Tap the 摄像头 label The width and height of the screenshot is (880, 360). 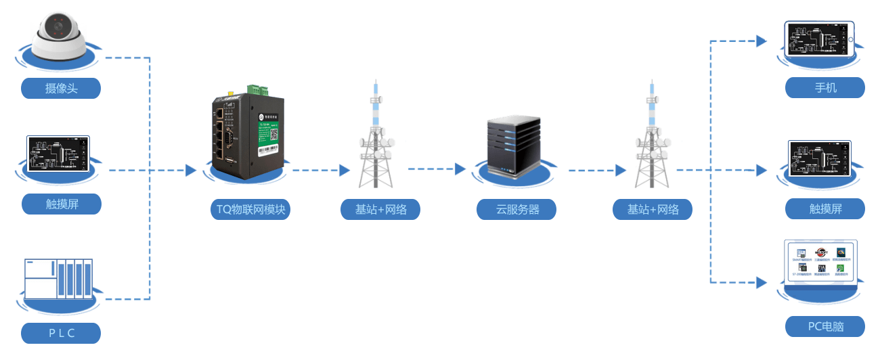[61, 88]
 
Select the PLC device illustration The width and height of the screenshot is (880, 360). [58, 278]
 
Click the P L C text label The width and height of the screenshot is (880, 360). [61, 333]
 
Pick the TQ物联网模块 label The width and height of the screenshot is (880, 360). [250, 210]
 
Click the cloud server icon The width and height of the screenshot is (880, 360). [514, 145]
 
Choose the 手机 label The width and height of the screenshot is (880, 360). [825, 88]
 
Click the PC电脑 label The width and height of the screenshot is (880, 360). [825, 327]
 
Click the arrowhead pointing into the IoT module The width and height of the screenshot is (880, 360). [192, 170]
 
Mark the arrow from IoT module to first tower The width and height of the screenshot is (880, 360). [318, 170]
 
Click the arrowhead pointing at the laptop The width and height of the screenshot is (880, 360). [761, 280]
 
